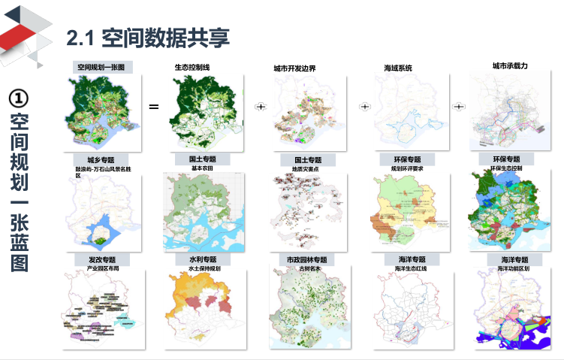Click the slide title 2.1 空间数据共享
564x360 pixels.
pos(148,37)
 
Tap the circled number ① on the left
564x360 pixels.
pos(20,98)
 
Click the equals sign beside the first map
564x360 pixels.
pos(154,107)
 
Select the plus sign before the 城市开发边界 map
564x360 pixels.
pos(261,107)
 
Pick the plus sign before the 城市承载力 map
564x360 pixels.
pos(458,107)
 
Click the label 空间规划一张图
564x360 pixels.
pos(104,67)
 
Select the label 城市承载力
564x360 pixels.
pos(510,66)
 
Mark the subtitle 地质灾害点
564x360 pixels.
pos(306,169)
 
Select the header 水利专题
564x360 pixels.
pos(203,259)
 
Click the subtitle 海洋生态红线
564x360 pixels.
pos(410,268)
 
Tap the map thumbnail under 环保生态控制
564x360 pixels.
pos(505,214)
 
